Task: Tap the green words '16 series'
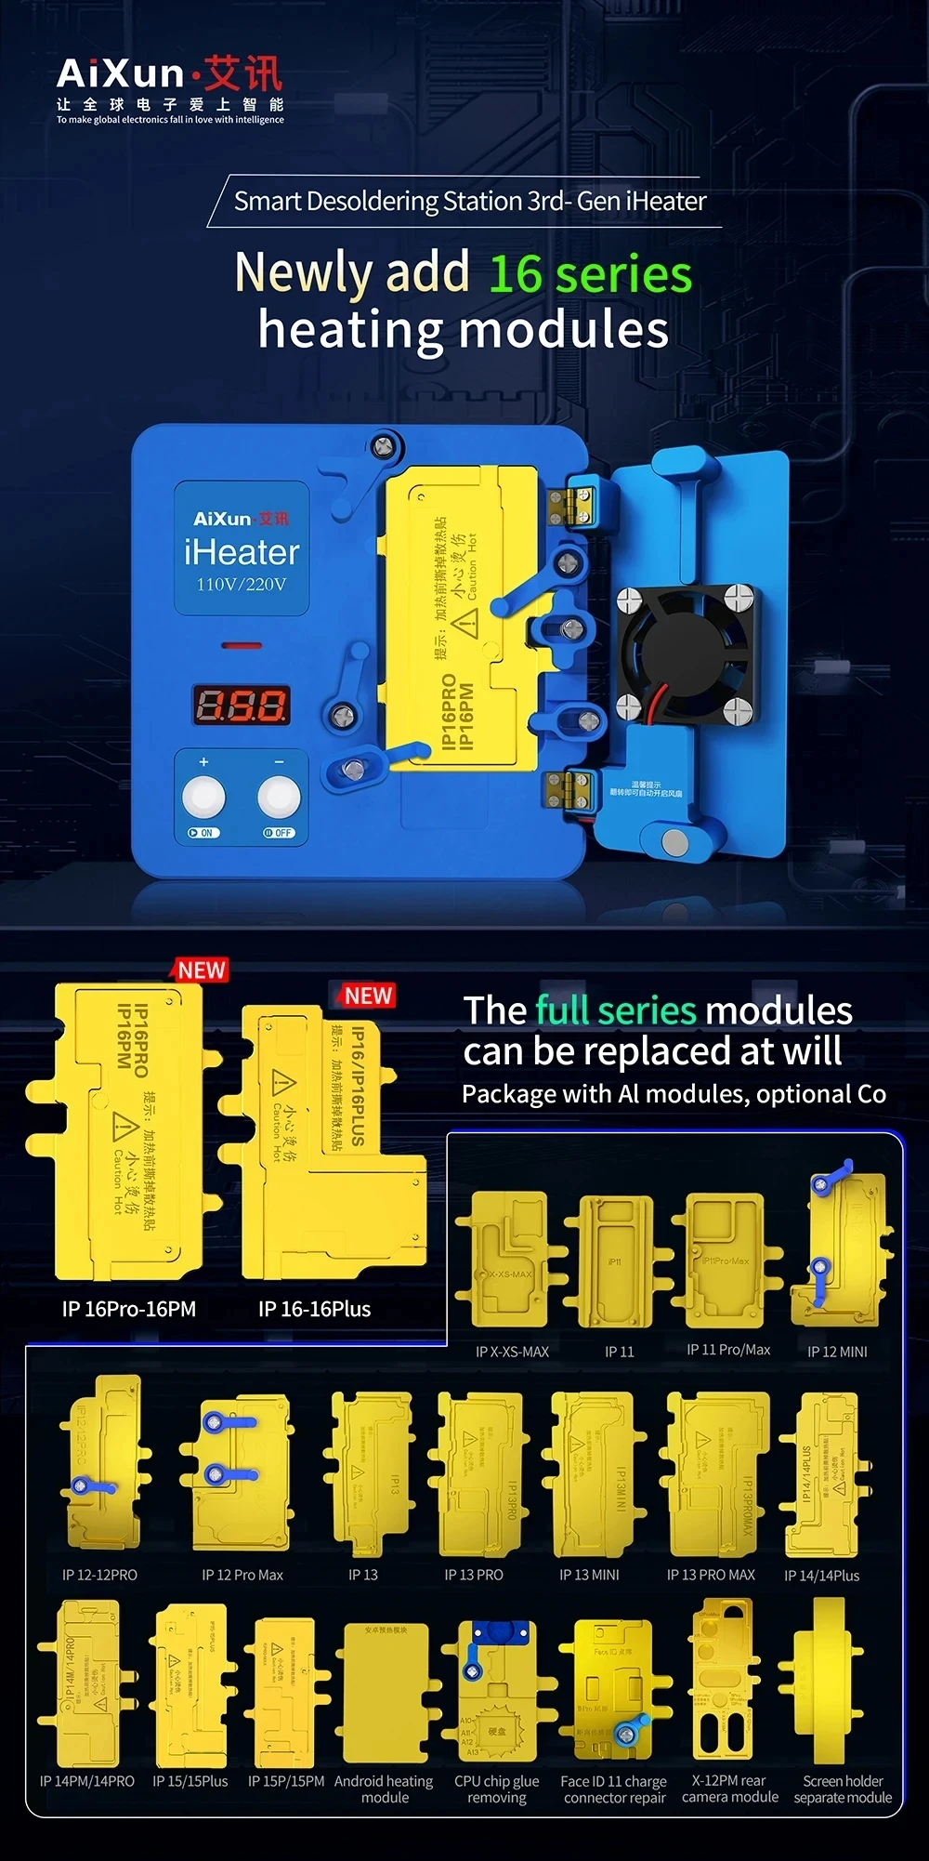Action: pos(590,274)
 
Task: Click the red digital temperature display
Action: pos(241,706)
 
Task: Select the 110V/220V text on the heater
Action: pos(241,585)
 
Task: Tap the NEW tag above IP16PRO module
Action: pos(202,970)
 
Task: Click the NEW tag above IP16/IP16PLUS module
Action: pos(368,996)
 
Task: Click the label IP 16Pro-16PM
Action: pos(129,1309)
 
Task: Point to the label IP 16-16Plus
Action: pos(314,1309)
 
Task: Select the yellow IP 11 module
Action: pos(617,1261)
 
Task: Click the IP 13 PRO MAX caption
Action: pos(711,1575)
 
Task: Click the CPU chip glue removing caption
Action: pos(496,1789)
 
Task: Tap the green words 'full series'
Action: pos(614,1010)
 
